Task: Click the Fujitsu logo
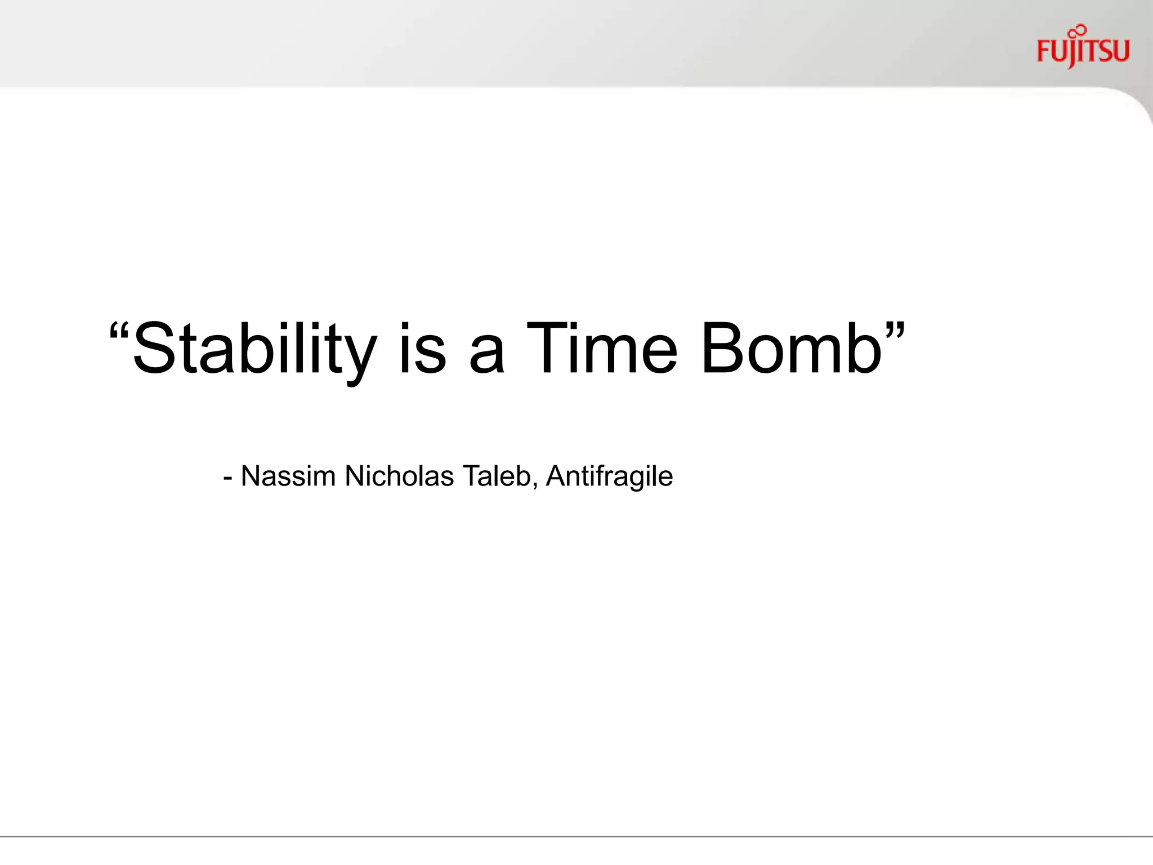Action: point(1083,51)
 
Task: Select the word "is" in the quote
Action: point(422,349)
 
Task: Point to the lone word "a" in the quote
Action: point(486,356)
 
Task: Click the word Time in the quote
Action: point(602,349)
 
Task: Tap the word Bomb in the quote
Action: point(791,349)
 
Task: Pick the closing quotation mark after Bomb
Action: point(895,330)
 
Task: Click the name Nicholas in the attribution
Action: point(399,476)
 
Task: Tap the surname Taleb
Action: point(496,476)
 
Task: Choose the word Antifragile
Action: point(609,476)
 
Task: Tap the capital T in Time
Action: point(547,349)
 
